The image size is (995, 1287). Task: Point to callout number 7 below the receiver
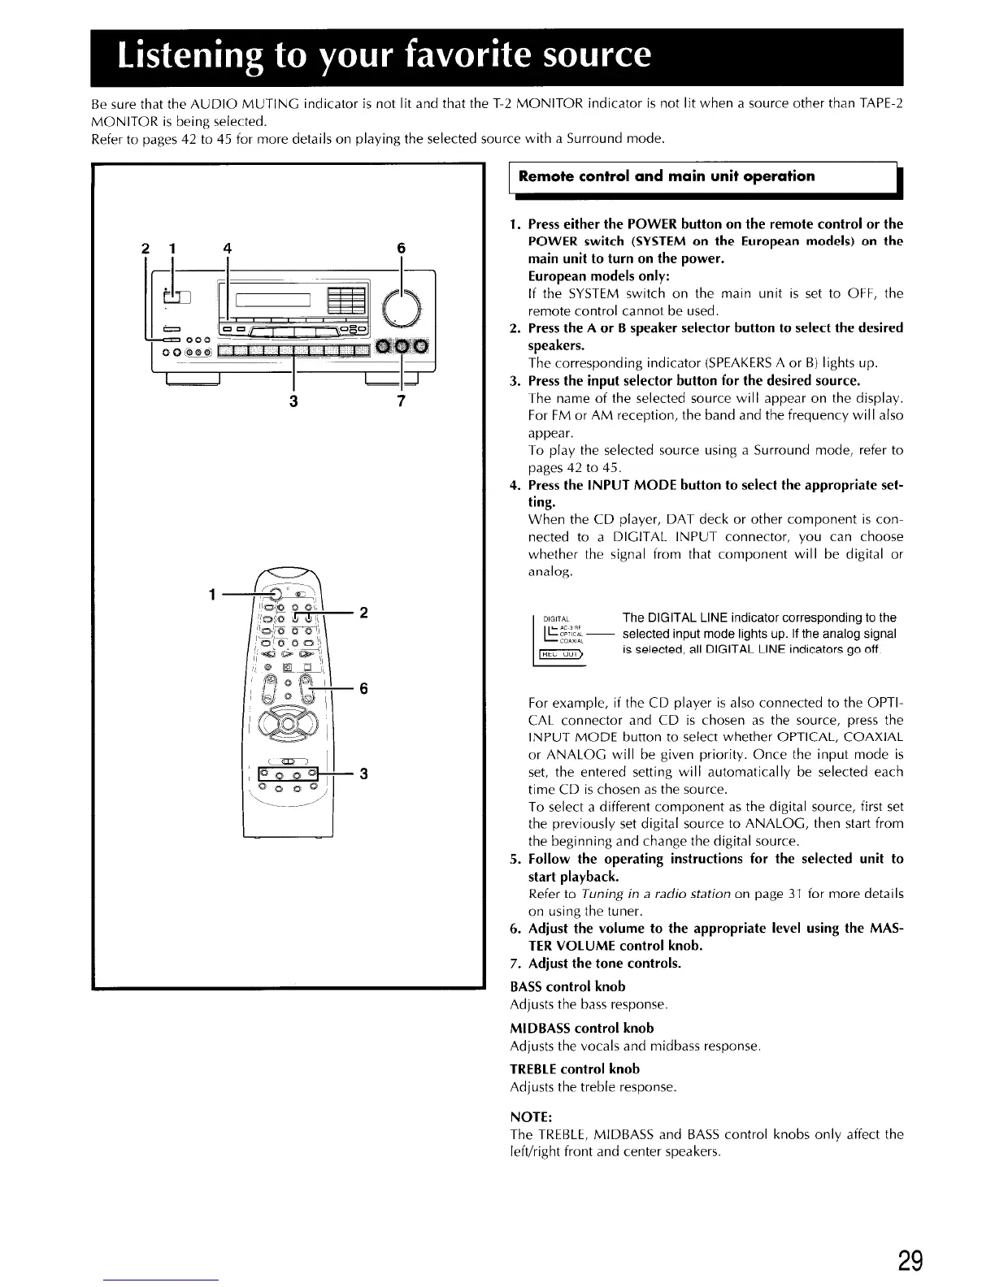click(401, 401)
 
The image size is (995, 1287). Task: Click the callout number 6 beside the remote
click(364, 688)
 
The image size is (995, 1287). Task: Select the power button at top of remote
click(278, 594)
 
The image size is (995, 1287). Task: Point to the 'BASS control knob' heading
click(567, 986)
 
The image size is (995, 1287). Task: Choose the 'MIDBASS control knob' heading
click(581, 1028)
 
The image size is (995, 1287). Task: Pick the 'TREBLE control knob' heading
click(575, 1068)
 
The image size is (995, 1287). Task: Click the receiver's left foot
click(192, 377)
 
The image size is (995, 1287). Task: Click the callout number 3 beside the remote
click(364, 773)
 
